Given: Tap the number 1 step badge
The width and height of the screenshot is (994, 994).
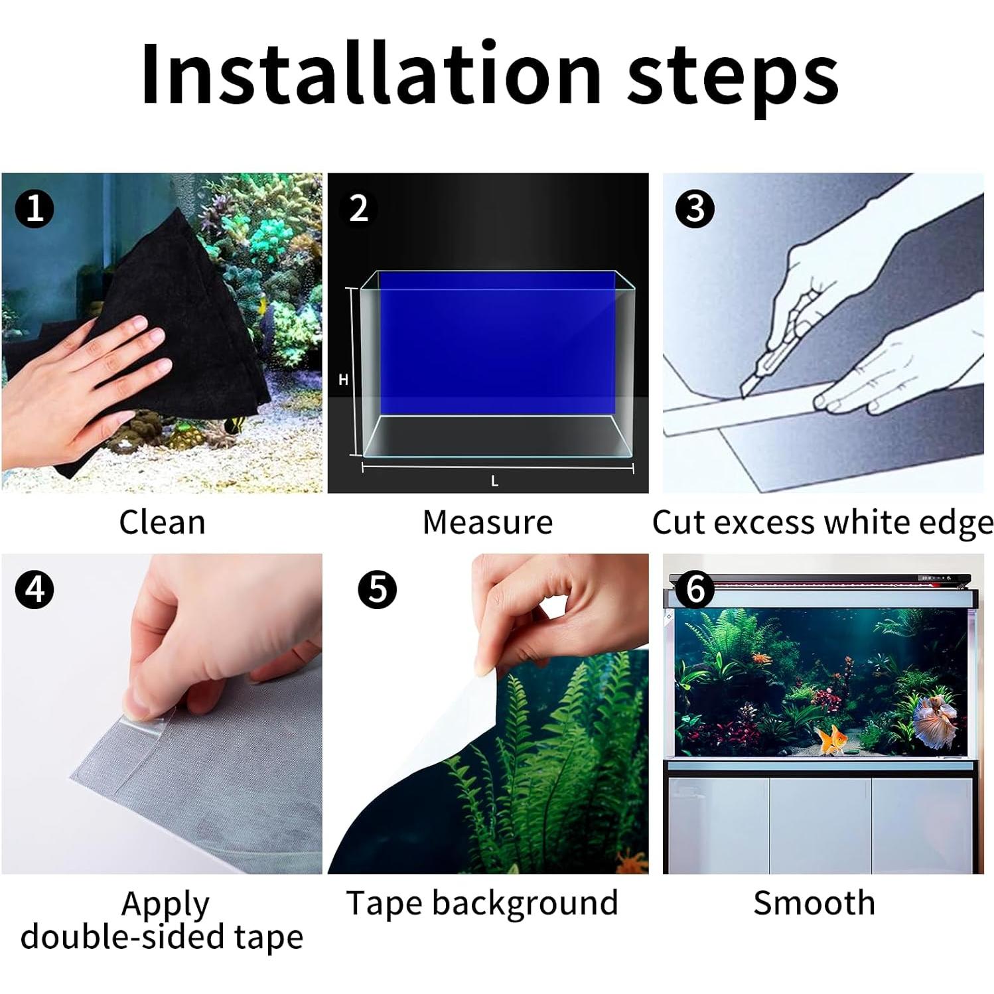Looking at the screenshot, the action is point(35,208).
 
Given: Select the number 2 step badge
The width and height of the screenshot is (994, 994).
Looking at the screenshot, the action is point(359,208).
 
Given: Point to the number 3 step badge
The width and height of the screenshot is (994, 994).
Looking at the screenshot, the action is point(694,208).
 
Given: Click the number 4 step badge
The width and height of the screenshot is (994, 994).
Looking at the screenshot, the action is point(35,589).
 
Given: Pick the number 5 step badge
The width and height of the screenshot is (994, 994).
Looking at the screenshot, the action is point(377,589).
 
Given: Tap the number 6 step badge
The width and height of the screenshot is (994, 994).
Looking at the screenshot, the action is point(694,589).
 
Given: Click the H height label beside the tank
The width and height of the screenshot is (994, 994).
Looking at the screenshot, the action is point(343,380).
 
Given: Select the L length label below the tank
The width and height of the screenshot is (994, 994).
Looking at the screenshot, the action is point(494,482).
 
